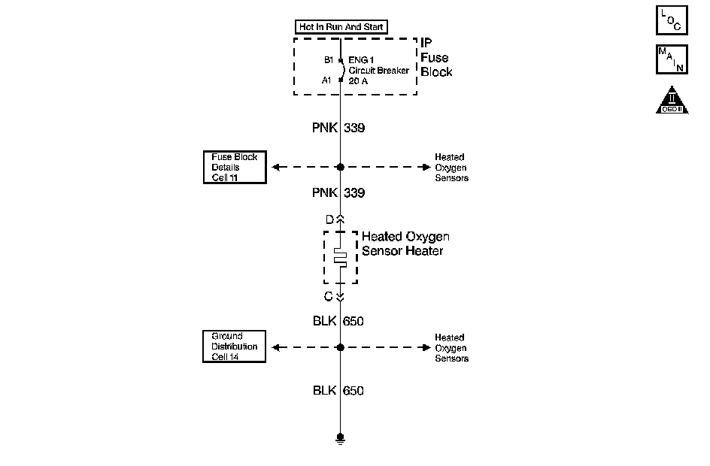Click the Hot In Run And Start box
click(341, 27)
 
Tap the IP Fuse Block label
click(436, 57)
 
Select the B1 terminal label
click(329, 59)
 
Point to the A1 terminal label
click(326, 80)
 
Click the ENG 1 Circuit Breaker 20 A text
click(378, 70)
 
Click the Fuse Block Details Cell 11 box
click(235, 167)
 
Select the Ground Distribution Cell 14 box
click(234, 346)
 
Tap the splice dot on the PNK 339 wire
click(341, 167)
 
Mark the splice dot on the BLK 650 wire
click(341, 347)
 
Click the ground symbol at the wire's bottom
click(341, 439)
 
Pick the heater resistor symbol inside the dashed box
click(341, 258)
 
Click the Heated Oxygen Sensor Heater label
click(405, 244)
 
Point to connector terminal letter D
click(329, 219)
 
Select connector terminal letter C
click(329, 296)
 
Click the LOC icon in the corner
click(672, 20)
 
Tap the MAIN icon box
click(672, 59)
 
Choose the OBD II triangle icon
click(672, 101)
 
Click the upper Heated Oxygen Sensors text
click(451, 168)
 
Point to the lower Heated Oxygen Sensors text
click(451, 347)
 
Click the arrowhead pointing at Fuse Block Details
click(276, 167)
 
